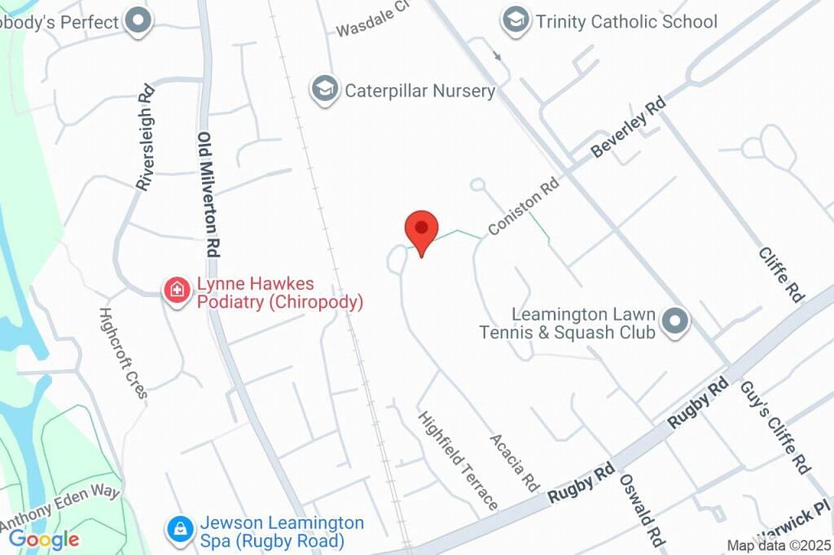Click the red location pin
(422, 230)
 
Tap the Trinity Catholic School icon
(515, 21)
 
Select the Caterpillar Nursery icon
(325, 90)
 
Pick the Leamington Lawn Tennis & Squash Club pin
(674, 322)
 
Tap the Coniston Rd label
(525, 208)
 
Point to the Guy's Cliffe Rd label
(775, 427)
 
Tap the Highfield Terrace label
(458, 460)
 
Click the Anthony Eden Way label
(60, 505)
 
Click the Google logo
(44, 539)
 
